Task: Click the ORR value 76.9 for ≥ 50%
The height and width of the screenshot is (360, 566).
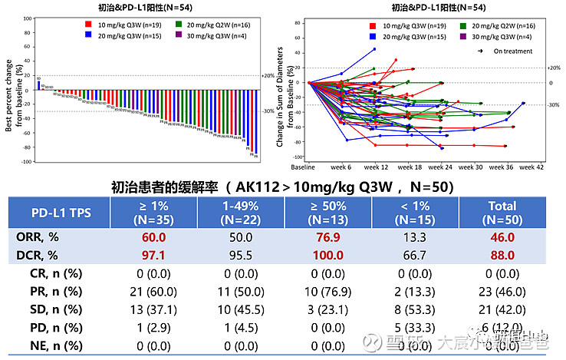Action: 327,238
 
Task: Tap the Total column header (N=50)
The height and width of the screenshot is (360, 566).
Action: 502,212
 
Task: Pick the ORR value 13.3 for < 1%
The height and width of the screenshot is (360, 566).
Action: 415,238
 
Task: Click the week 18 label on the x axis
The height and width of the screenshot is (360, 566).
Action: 410,167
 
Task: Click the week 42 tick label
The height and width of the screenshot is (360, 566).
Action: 531,167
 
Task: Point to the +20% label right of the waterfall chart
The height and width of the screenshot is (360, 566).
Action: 268,75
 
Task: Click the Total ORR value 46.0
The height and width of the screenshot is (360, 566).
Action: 502,238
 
